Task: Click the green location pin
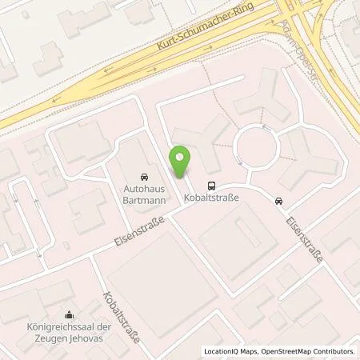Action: [x=182, y=162]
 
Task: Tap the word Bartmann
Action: [x=143, y=200]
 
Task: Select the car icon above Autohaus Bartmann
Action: [x=143, y=176]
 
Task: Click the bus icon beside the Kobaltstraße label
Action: [x=210, y=182]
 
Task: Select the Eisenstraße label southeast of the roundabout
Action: [x=302, y=231]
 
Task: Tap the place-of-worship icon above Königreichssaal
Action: [x=71, y=314]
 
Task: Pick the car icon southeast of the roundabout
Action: [x=278, y=200]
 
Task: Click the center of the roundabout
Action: [x=257, y=146]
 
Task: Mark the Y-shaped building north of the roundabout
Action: [x=255, y=100]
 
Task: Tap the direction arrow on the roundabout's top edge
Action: [x=264, y=126]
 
